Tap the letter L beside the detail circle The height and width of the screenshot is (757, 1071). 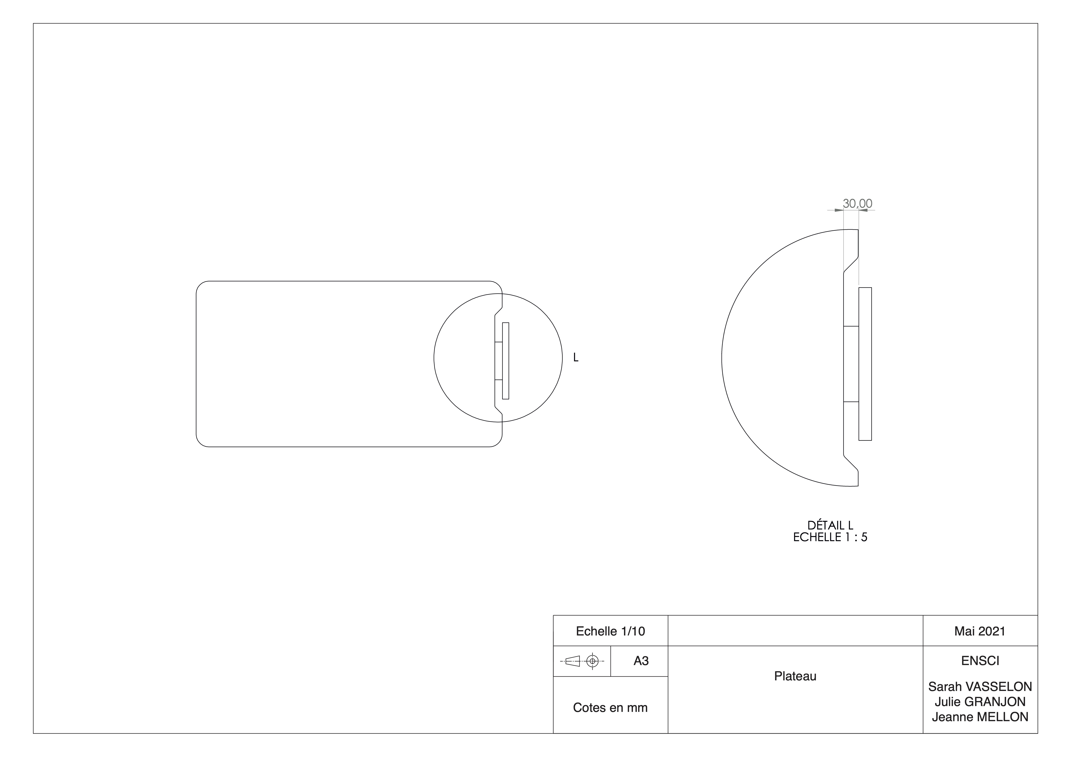pyautogui.click(x=576, y=358)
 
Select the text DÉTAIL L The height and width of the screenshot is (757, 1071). pyautogui.click(x=830, y=526)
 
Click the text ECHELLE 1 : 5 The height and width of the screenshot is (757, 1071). pyautogui.click(x=830, y=537)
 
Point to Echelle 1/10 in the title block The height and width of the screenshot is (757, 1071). pyautogui.click(x=610, y=631)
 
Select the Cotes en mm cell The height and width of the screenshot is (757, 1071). pyautogui.click(x=610, y=708)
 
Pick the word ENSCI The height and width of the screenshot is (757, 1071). pyautogui.click(x=980, y=661)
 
